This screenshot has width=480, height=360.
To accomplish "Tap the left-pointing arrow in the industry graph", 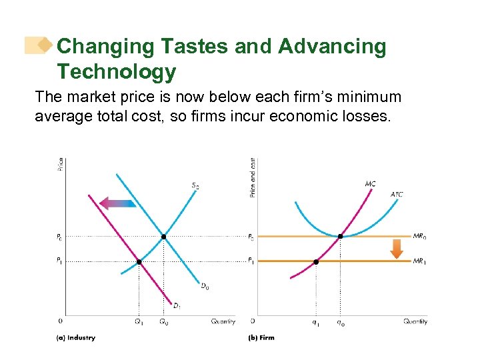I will pyautogui.click(x=117, y=203).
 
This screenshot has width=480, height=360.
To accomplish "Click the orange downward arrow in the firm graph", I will pyautogui.click(x=397, y=248).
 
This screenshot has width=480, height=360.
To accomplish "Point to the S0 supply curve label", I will pyautogui.click(x=195, y=186).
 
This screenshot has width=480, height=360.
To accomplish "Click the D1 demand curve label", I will pyautogui.click(x=177, y=307).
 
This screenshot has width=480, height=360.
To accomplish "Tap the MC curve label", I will pyautogui.click(x=370, y=183).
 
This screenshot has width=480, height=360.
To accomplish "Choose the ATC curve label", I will pyautogui.click(x=397, y=195).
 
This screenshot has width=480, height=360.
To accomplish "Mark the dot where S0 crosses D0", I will pyautogui.click(x=164, y=237).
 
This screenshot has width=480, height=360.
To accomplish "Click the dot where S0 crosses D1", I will pyautogui.click(x=139, y=262).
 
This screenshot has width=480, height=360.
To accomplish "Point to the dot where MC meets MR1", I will pyautogui.click(x=316, y=262).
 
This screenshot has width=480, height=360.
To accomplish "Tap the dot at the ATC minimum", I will pyautogui.click(x=341, y=237).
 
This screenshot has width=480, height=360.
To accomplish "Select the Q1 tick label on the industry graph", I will pyautogui.click(x=139, y=321).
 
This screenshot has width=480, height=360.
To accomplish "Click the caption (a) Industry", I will pyautogui.click(x=75, y=338).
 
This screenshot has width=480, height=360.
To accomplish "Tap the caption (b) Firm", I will pyautogui.click(x=261, y=338).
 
